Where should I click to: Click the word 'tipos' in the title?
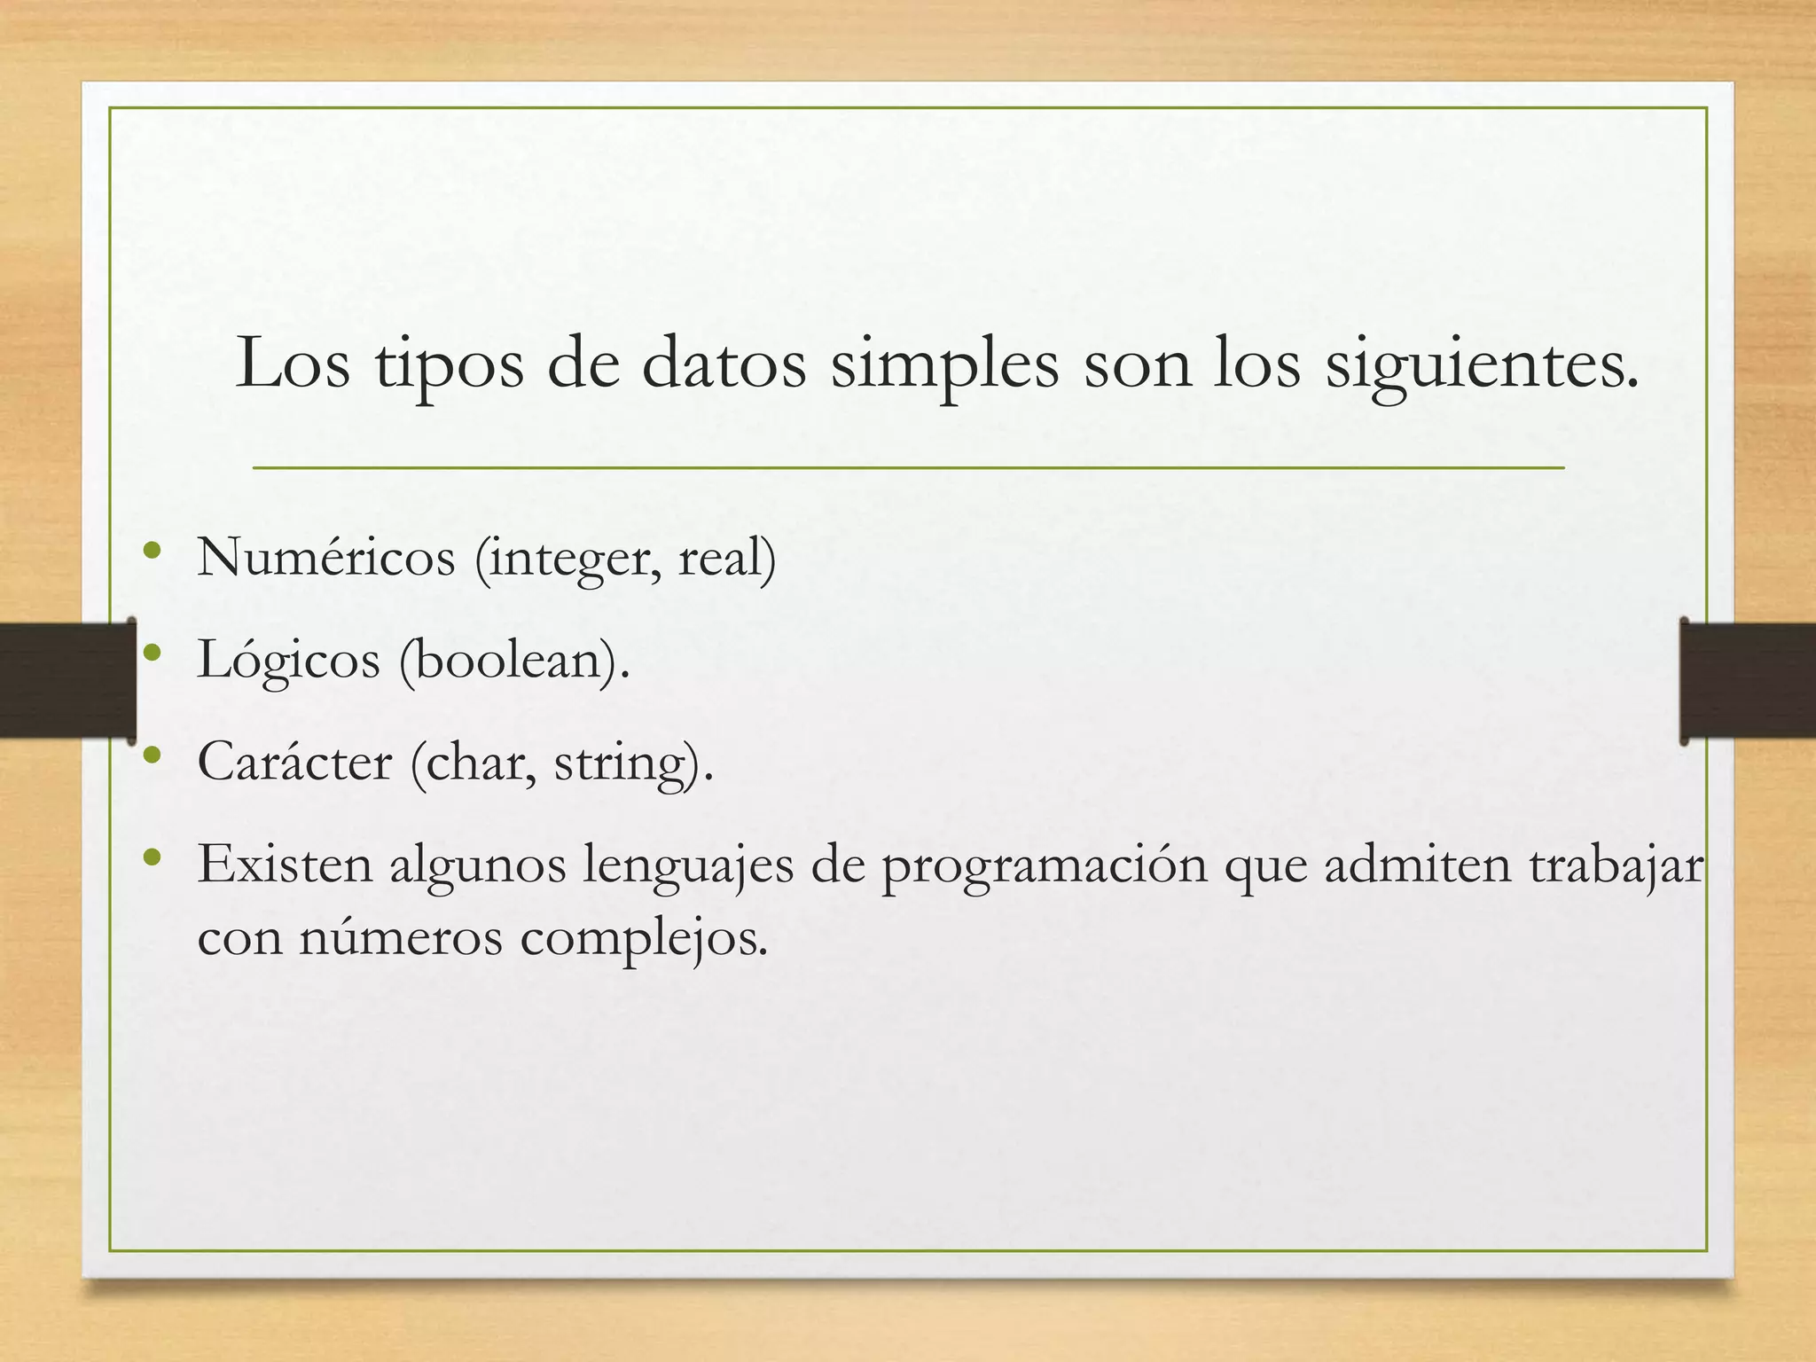tap(449, 365)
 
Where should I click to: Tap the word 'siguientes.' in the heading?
tap(1482, 365)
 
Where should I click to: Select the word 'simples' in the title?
tap(943, 365)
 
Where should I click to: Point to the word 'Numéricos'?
tap(325, 558)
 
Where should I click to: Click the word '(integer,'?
tap(568, 560)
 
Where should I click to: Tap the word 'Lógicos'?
tap(288, 661)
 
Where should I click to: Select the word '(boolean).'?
tap(514, 661)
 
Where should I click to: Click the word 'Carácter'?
tap(294, 762)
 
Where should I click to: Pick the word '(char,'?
tap(474, 763)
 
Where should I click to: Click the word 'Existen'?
tap(285, 864)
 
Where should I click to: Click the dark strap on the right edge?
tap(1747, 680)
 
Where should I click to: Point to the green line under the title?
tap(908, 467)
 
